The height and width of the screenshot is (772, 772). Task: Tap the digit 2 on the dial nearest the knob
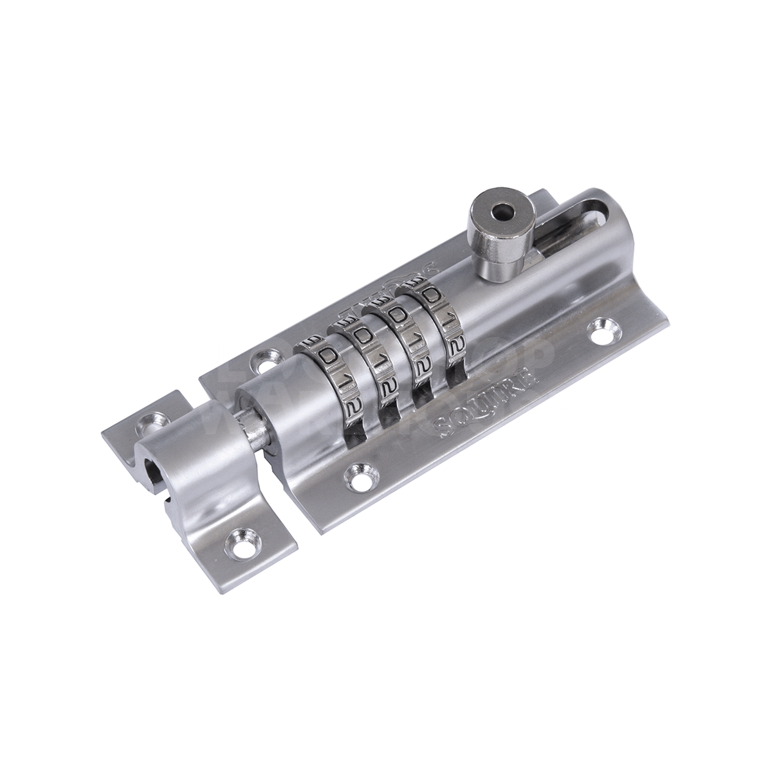coord(454,344)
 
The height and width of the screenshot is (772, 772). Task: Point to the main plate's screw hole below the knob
coord(602,328)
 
